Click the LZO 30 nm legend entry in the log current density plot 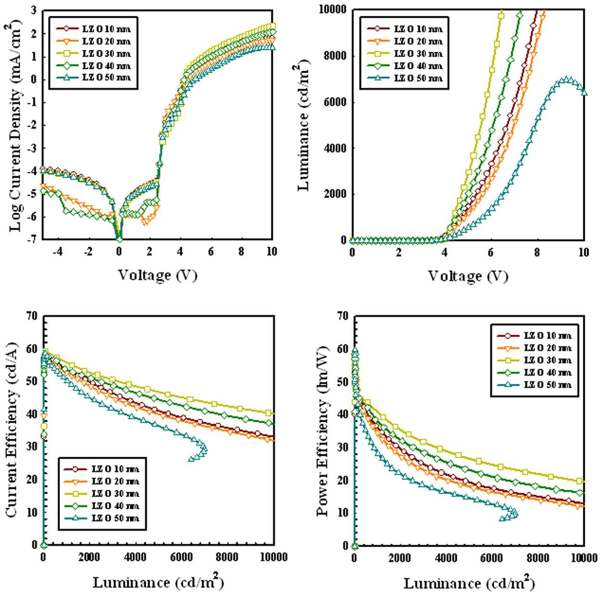click(x=93, y=54)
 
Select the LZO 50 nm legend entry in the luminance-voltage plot click(x=404, y=78)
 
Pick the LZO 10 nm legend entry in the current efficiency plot click(x=102, y=469)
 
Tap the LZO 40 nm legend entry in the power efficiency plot click(x=534, y=372)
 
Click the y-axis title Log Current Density click(x=16, y=125)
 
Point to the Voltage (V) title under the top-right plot click(x=468, y=276)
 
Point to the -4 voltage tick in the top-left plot click(x=58, y=252)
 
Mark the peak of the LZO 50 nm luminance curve click(x=567, y=80)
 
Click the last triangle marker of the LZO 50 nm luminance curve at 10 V click(x=584, y=92)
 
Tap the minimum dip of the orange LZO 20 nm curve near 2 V click(x=145, y=222)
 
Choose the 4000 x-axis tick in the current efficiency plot click(x=136, y=557)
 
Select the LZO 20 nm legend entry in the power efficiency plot click(x=534, y=348)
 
